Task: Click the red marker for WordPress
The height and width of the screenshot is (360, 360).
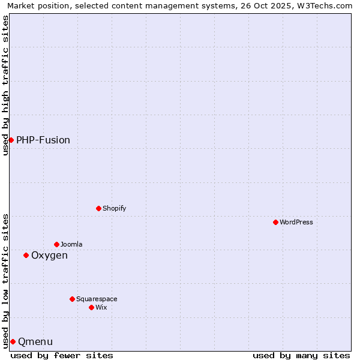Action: pos(275,222)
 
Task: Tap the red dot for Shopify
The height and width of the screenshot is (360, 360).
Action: pos(98,208)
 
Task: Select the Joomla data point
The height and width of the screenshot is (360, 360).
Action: pos(56,244)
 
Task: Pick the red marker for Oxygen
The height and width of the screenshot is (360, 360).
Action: pos(26,255)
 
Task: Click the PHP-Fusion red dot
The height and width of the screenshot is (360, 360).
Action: pos(11,140)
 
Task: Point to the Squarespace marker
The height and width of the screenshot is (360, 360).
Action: pos(72,299)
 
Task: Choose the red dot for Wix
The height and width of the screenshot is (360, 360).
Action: pos(91,307)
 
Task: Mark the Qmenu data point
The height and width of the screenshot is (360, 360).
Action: pos(13,341)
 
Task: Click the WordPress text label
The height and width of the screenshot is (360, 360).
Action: pos(296,222)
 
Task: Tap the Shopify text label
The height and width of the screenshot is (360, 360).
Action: pos(115,208)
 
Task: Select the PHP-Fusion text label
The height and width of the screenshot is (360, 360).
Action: pos(43,140)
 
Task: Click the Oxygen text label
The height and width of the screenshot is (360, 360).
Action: pos(49,255)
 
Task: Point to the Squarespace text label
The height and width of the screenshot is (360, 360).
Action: pos(97,299)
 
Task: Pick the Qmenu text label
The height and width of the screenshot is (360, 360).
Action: pos(35,341)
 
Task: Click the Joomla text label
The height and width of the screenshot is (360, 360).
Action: pos(71,244)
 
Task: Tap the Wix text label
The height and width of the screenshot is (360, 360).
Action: pos(101,307)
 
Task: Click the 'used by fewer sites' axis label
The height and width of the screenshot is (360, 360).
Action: pos(62,355)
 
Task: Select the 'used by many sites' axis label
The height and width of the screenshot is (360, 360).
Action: pos(301,355)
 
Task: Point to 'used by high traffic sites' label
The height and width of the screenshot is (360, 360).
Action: pos(5,85)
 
